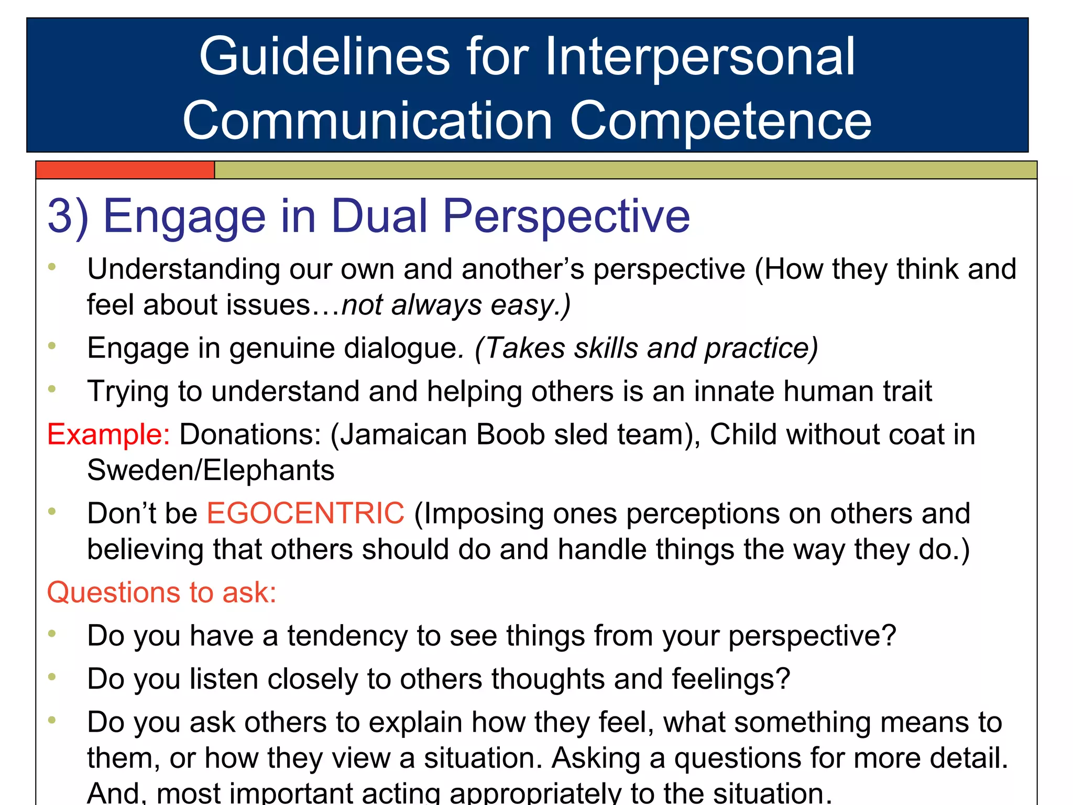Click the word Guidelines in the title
pos(324,57)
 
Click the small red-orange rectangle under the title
pos(125,170)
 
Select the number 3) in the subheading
pos(68,216)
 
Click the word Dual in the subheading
pos(380,216)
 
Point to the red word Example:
pos(108,434)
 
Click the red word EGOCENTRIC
pos(305,513)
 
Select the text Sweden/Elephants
pos(211,470)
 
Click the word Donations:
pos(250,434)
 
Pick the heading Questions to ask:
pos(161,593)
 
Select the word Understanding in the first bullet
pos(183,270)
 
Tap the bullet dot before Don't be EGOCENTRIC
pos(52,511)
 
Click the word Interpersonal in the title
pos(700,57)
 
